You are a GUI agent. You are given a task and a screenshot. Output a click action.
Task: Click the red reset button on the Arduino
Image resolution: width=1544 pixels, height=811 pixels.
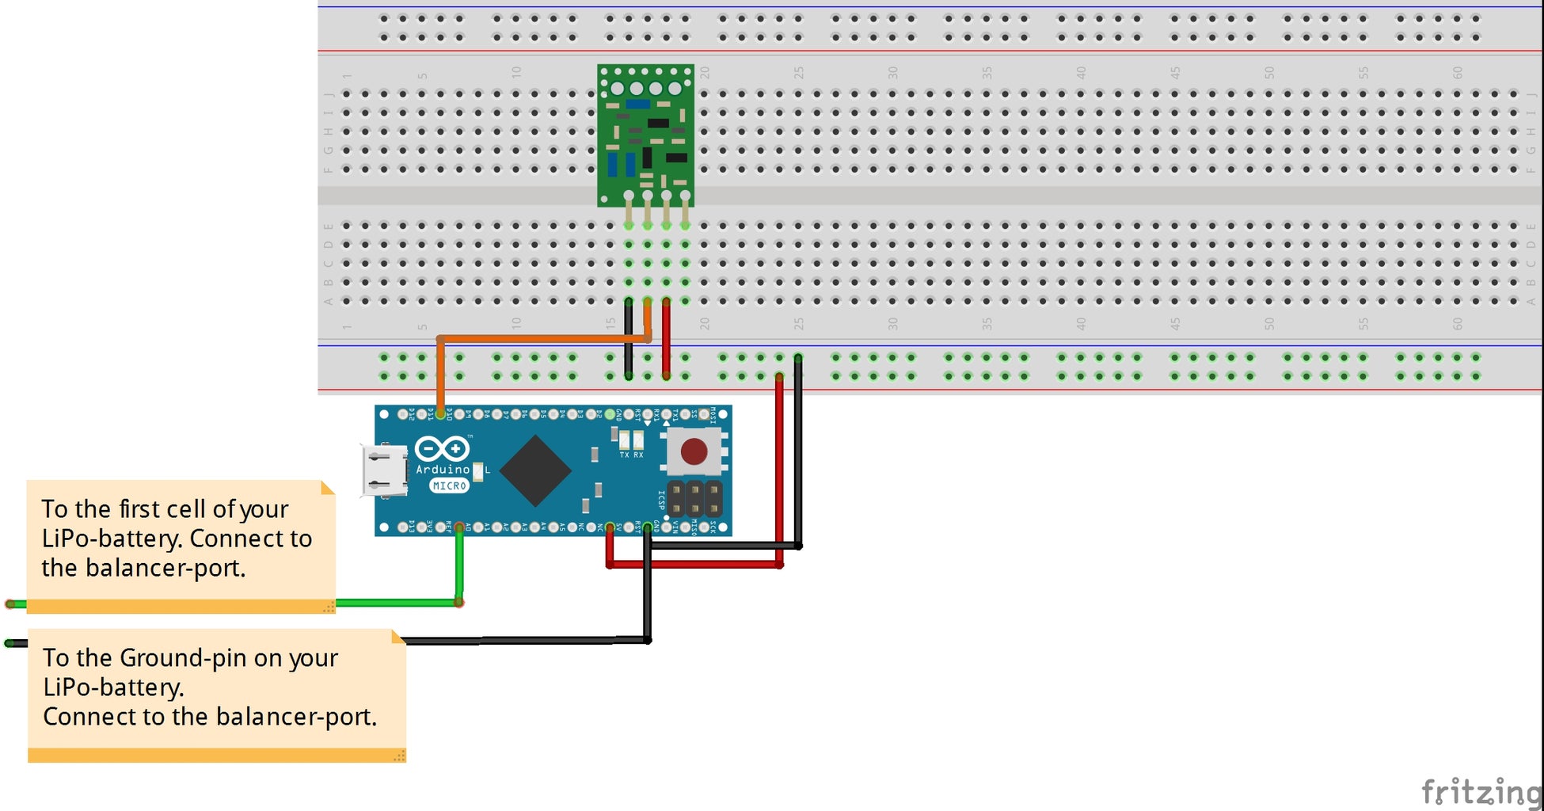694,451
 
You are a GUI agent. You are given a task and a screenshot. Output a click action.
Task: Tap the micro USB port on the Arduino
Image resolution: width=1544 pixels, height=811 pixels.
383,470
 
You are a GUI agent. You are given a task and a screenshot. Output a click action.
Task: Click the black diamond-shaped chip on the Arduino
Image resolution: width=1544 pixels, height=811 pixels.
536,470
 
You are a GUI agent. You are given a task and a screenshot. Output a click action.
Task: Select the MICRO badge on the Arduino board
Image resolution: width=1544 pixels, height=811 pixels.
449,485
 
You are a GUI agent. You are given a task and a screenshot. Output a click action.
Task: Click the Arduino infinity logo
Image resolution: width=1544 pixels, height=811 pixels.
443,449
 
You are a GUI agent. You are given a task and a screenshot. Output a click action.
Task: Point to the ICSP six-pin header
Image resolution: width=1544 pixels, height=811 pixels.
694,499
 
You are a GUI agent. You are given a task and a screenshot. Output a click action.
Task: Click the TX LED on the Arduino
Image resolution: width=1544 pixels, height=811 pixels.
624,440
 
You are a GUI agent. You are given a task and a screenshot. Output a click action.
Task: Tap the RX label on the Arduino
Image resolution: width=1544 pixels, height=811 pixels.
639,455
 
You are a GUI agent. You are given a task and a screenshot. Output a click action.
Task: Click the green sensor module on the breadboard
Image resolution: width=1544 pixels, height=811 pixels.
645,135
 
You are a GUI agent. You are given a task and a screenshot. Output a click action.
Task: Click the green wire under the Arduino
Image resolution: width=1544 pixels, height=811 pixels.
396,603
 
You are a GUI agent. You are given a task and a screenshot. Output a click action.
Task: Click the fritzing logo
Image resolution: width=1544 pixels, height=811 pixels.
1481,791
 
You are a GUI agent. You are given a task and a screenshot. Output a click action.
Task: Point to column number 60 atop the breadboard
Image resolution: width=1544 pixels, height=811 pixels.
1457,72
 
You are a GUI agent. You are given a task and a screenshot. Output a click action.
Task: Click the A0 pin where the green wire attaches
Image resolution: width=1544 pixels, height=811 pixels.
459,527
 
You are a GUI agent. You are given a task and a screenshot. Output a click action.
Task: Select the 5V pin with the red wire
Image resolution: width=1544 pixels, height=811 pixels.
610,527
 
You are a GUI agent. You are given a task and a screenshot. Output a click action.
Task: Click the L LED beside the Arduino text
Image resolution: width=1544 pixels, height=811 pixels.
477,470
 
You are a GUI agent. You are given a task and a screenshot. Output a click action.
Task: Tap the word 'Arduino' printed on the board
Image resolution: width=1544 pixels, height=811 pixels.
443,470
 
